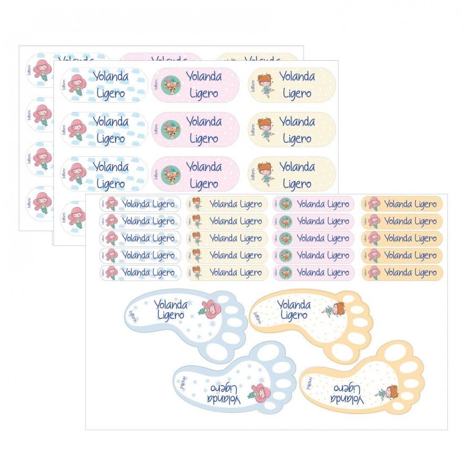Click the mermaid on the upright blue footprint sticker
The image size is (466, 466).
207,308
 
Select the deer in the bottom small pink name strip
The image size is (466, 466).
285,273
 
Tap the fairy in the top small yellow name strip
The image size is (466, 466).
197,204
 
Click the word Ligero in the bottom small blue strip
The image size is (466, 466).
163,273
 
